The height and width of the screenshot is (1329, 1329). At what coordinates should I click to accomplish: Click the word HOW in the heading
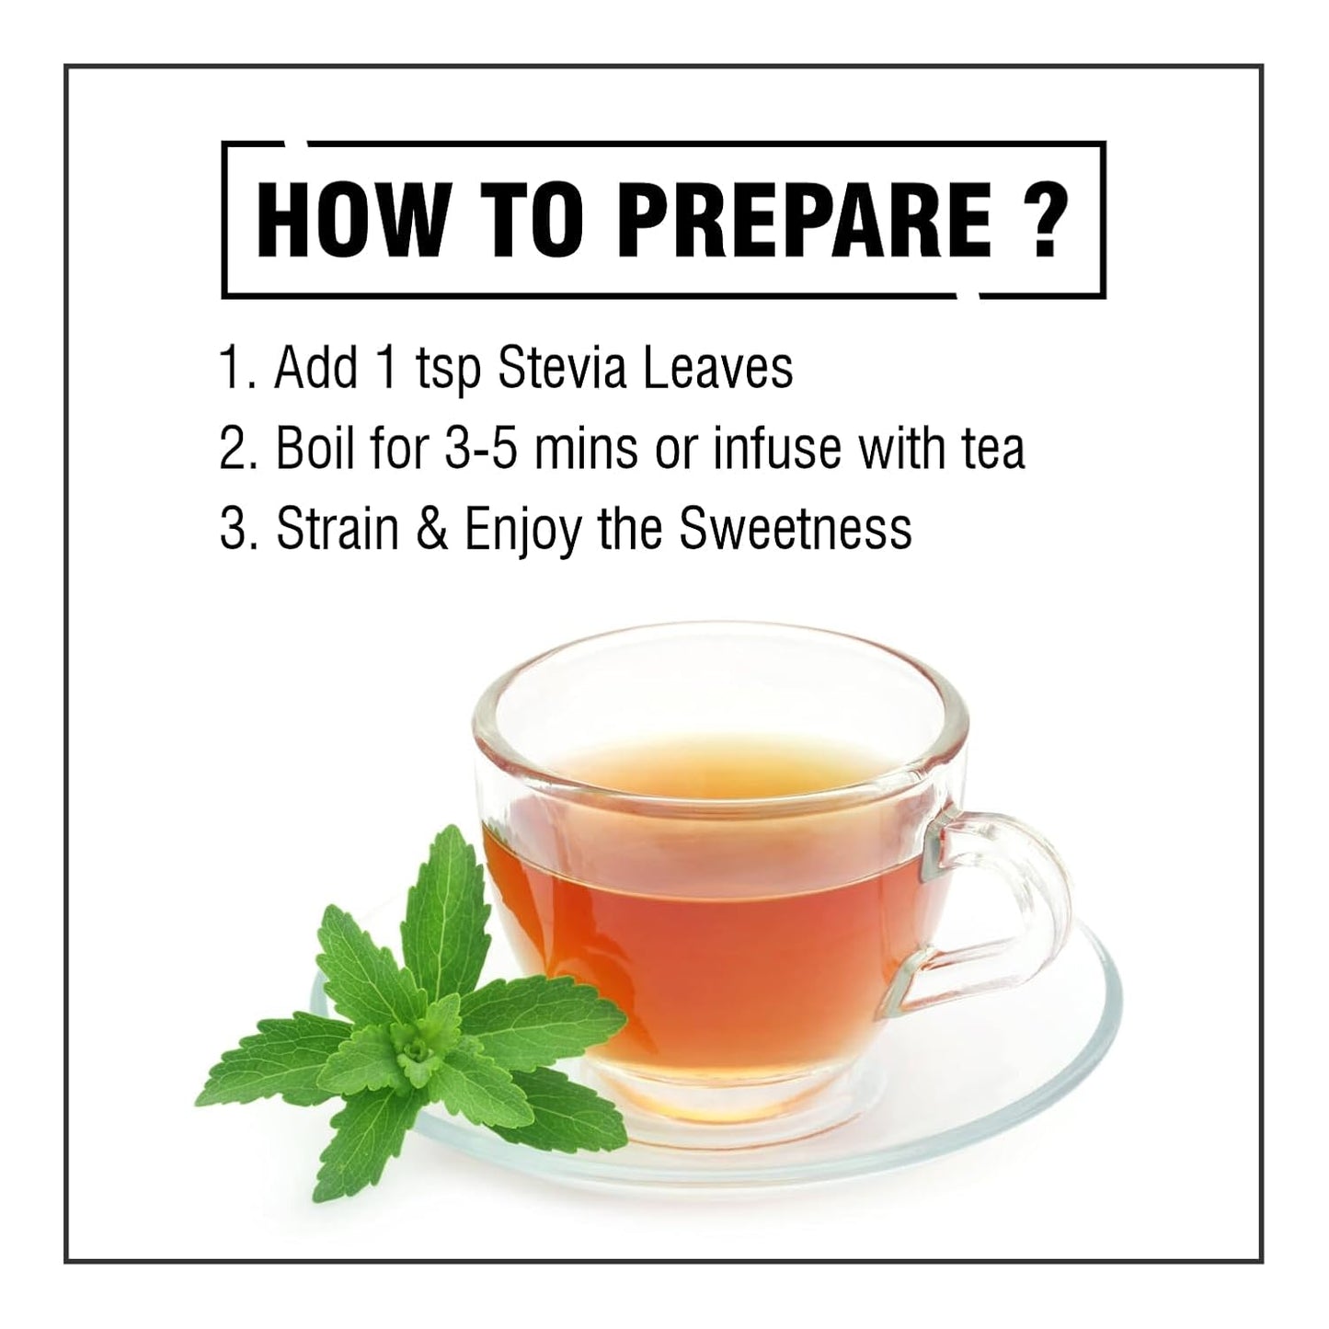350,220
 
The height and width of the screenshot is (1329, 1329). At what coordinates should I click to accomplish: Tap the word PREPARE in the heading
804,220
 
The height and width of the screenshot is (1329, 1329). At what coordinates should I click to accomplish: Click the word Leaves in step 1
717,368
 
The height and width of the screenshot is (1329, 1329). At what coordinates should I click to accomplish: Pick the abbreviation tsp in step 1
448,372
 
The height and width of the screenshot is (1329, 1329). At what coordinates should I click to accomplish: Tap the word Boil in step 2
315,448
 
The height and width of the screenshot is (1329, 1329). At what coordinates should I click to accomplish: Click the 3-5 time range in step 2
481,449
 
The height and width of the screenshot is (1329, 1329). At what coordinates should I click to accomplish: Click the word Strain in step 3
338,529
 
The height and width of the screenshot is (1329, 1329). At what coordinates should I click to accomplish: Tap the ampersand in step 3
431,529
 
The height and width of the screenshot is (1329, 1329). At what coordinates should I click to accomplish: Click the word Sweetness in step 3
796,529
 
